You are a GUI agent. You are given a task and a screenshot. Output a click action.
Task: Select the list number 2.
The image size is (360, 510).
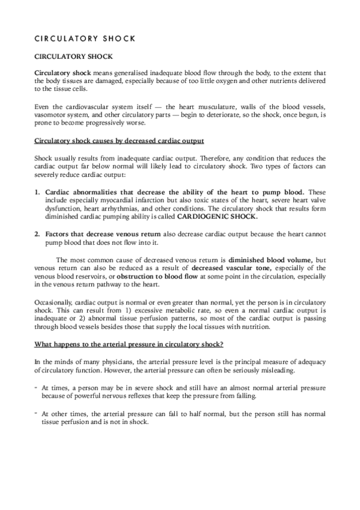click(37, 233)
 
